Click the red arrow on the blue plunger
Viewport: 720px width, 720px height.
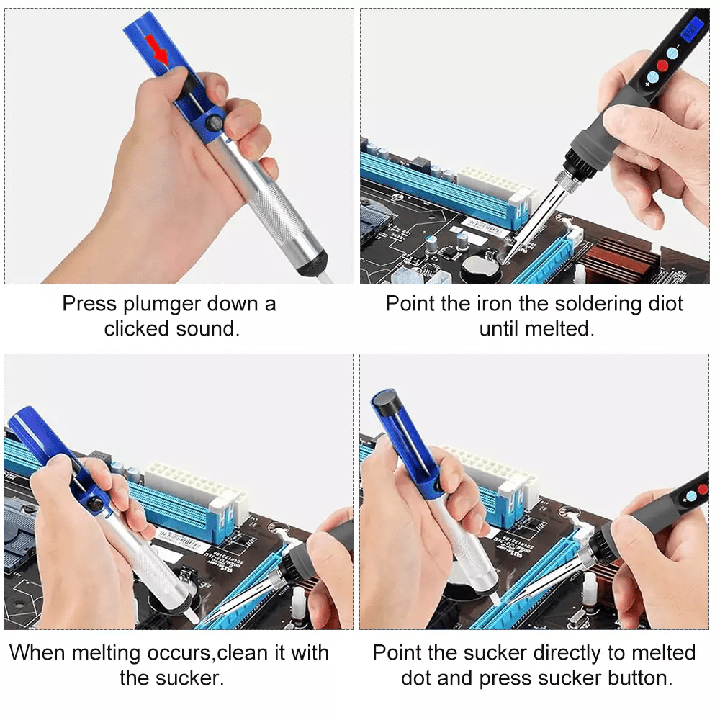pyautogui.click(x=157, y=48)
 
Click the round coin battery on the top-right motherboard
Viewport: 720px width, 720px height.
pyautogui.click(x=480, y=268)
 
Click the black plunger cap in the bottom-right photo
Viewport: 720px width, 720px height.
pyautogui.click(x=387, y=401)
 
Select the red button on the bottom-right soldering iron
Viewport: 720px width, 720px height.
pyautogui.click(x=702, y=490)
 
